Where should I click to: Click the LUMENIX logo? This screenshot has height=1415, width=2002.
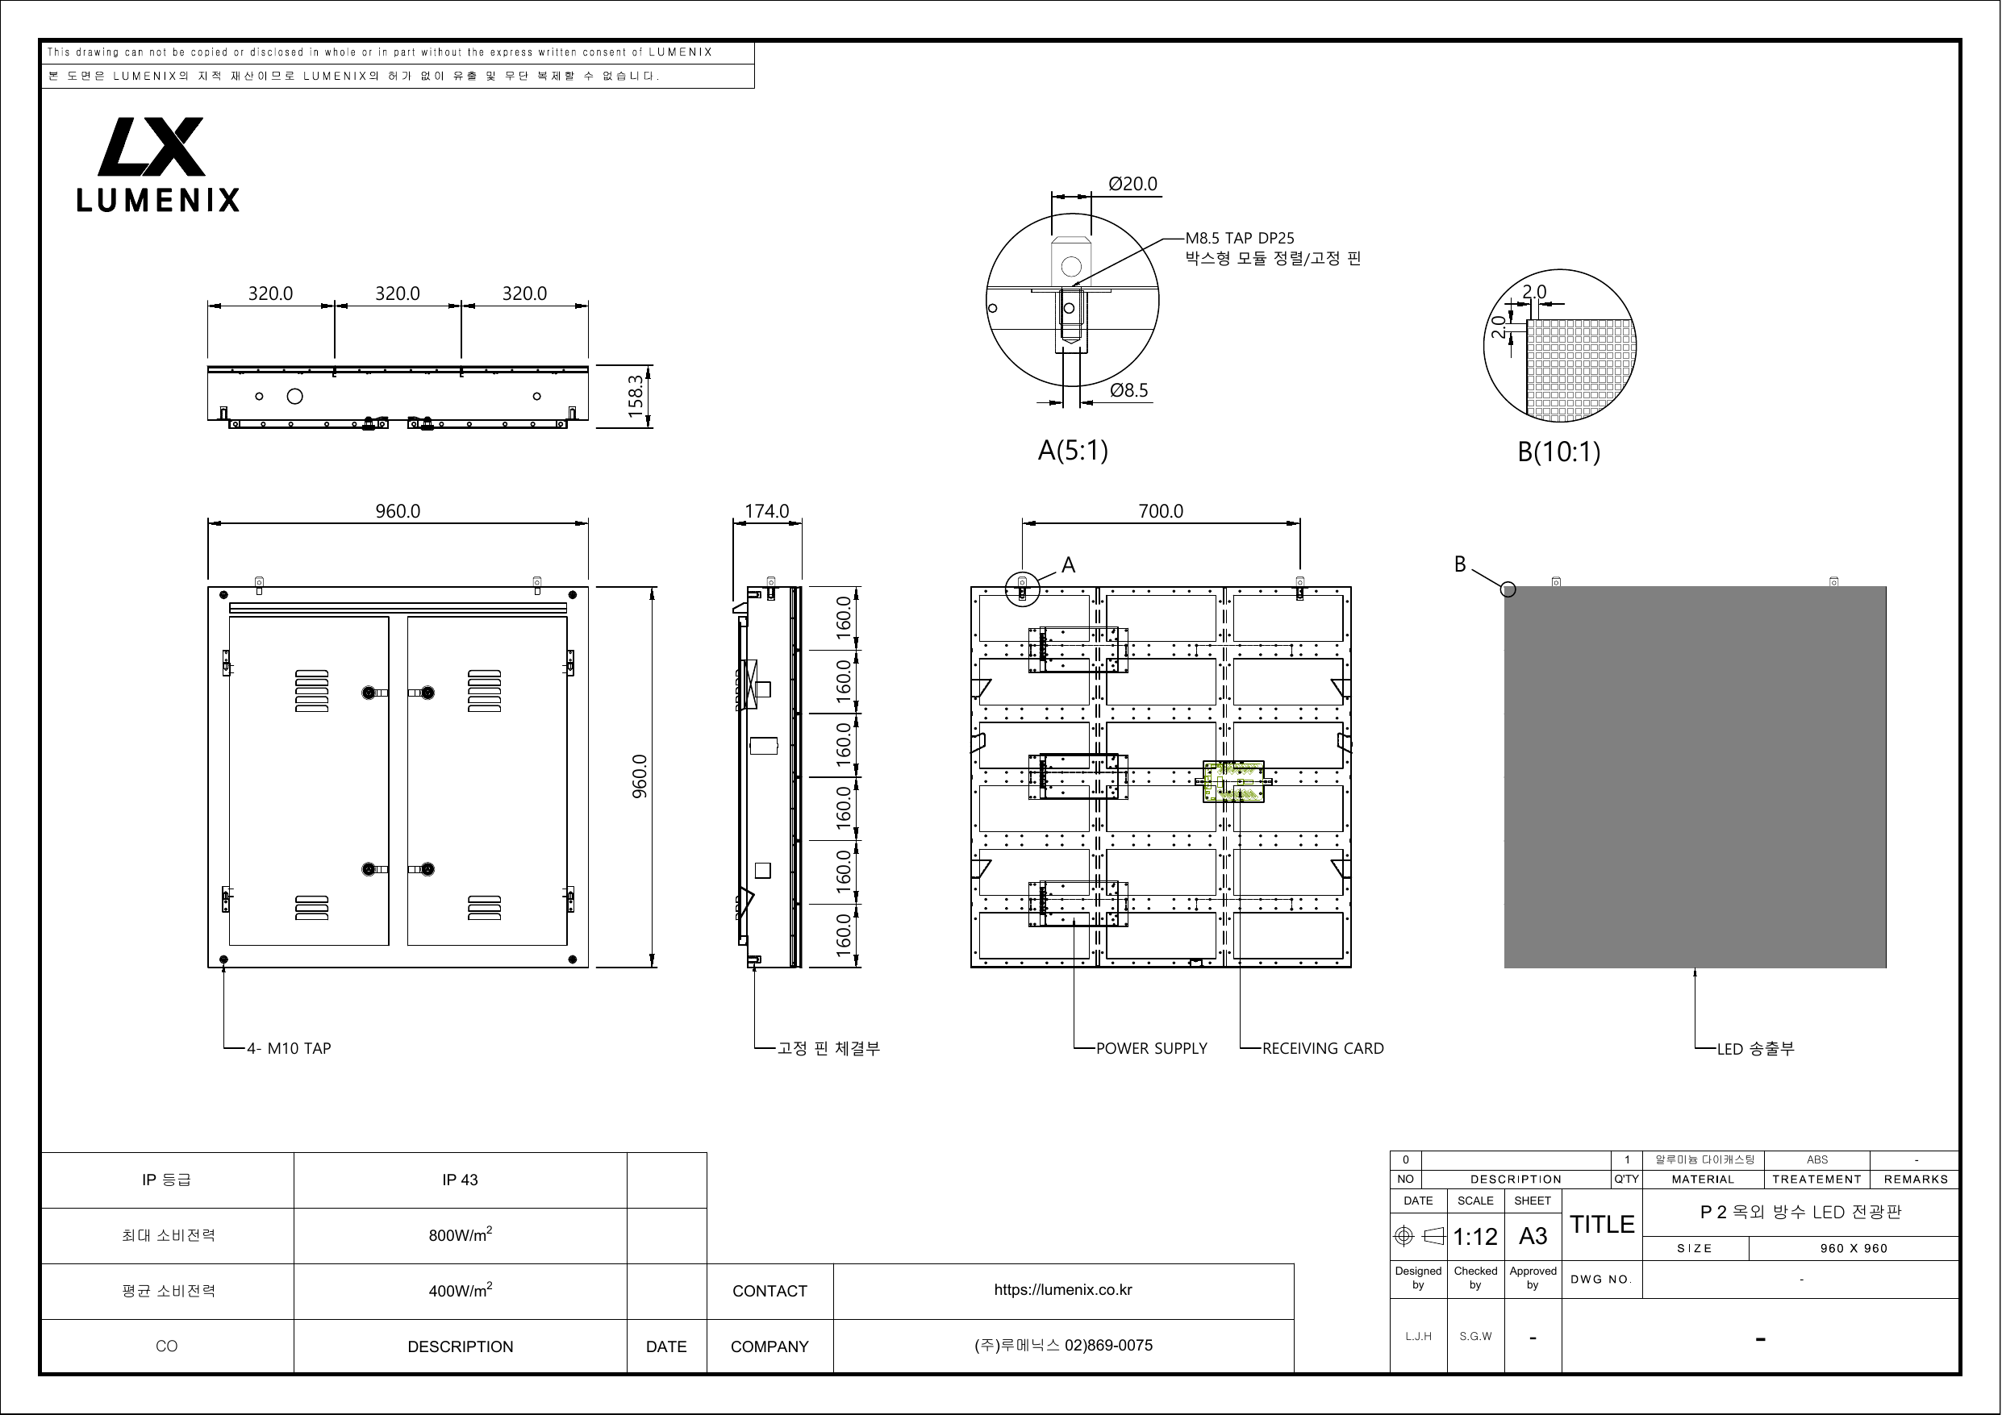coord(158,164)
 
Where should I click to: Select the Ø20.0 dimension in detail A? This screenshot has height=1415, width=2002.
coord(1132,184)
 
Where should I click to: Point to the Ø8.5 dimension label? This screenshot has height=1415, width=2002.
coord(1129,390)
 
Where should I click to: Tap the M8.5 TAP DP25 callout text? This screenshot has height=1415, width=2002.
coord(1240,238)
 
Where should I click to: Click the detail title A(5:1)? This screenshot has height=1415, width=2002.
coord(1073,451)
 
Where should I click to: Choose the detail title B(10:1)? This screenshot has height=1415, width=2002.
coord(1559,452)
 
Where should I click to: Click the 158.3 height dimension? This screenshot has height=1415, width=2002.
coord(636,397)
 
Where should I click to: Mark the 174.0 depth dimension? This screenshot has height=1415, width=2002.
coord(767,511)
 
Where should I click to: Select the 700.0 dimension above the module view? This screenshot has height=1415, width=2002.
coord(1161,511)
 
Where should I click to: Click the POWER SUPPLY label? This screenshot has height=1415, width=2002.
coord(1152,1049)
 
